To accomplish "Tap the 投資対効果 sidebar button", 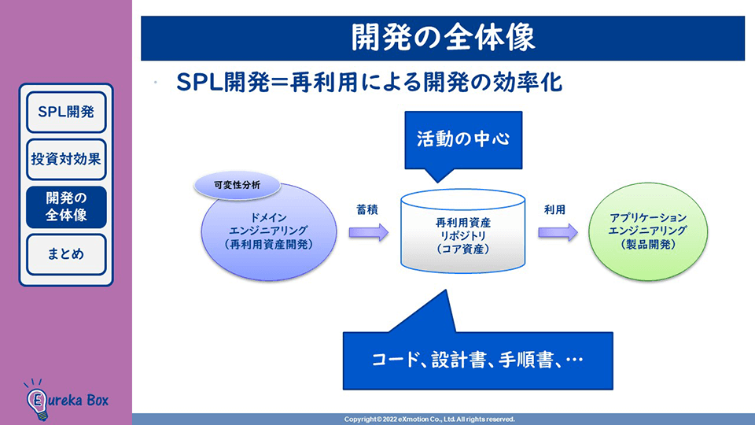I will coord(66,158).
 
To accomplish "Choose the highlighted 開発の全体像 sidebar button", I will coord(66,206).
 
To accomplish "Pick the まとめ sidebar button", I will coord(66,254).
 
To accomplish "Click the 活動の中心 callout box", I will coord(463,140).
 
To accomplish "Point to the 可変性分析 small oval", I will coord(237,186).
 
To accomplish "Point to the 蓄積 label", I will coord(367,209).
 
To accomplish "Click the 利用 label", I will coord(554,209).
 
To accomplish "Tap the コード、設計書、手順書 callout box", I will coord(477,360).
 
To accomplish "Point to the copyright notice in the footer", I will coord(429,419).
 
